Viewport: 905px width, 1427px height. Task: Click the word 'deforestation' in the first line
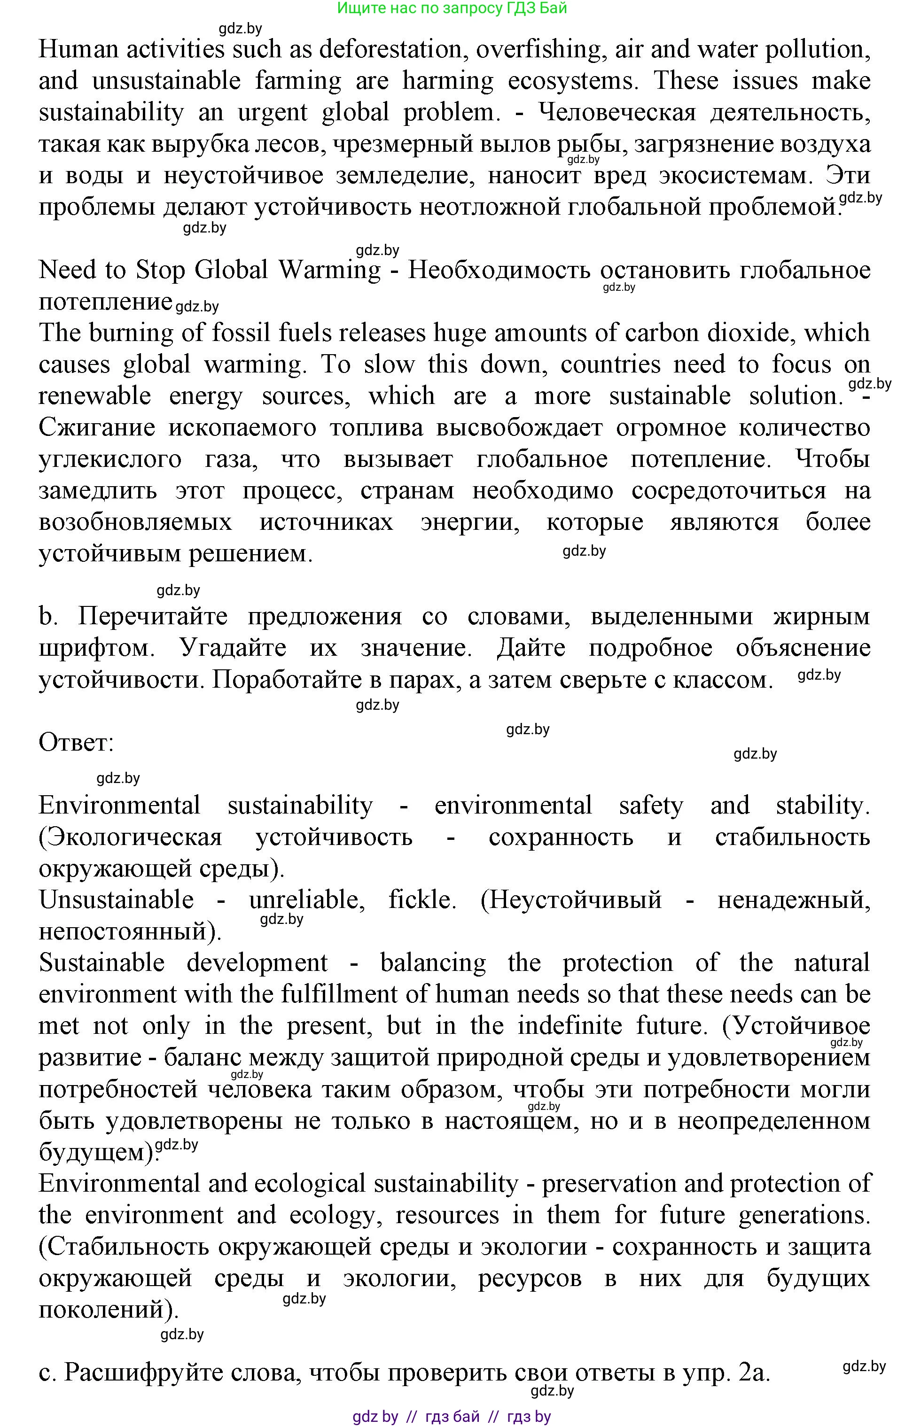pos(390,49)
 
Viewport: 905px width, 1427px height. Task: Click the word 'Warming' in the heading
pos(329,270)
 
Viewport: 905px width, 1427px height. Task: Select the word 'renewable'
pos(95,396)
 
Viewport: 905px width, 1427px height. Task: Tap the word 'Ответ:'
pos(76,743)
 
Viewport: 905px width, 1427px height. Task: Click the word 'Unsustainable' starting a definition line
pos(116,900)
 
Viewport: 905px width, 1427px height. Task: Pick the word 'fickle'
pos(422,900)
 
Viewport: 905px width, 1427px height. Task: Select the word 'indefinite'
pos(570,1026)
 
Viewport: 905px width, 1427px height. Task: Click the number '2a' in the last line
pos(754,1373)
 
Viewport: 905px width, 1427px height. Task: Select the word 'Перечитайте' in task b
pos(152,617)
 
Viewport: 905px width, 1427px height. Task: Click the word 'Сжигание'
pos(97,428)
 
